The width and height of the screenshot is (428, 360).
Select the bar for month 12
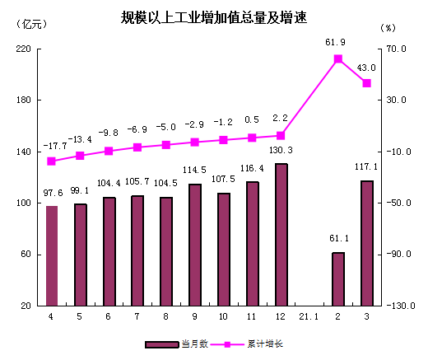click(x=281, y=235)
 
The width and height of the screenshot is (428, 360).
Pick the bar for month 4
click(x=52, y=255)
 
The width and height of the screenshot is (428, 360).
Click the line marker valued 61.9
click(x=338, y=59)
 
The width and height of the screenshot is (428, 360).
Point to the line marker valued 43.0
click(x=367, y=83)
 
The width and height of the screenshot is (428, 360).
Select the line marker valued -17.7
click(x=52, y=161)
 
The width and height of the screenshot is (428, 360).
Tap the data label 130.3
click(x=281, y=150)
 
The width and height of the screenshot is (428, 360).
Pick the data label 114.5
click(x=195, y=170)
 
